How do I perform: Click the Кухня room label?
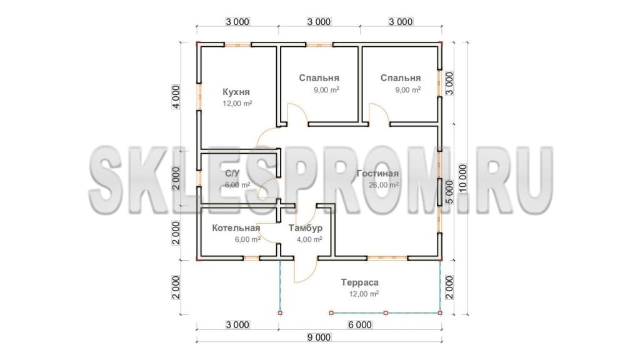(x=236, y=92)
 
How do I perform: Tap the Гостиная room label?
(x=377, y=174)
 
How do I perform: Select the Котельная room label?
(x=236, y=227)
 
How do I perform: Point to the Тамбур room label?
(x=305, y=227)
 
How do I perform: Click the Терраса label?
(x=359, y=282)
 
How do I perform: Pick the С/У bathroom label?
(x=232, y=174)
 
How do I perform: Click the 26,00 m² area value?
(x=384, y=185)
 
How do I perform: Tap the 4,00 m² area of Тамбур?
(x=309, y=239)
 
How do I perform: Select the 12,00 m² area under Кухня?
(x=237, y=103)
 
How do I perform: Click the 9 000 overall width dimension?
(x=319, y=337)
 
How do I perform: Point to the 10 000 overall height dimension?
(x=462, y=178)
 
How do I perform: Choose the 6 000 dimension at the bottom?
(x=359, y=325)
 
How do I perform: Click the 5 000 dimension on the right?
(x=449, y=192)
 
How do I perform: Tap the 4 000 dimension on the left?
(x=176, y=97)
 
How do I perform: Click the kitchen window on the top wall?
(x=237, y=44)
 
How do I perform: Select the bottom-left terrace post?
(x=280, y=313)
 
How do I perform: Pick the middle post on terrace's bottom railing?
(x=386, y=313)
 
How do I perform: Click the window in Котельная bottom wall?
(x=251, y=258)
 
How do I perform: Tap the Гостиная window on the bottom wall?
(x=387, y=258)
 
